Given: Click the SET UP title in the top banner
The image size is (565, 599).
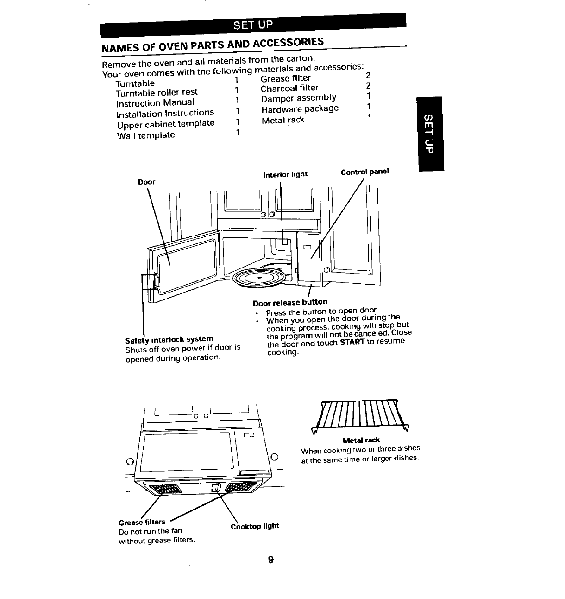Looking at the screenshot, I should (253, 25).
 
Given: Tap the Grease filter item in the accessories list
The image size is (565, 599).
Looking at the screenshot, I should (285, 78).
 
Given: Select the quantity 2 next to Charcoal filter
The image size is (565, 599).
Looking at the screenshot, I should (368, 85).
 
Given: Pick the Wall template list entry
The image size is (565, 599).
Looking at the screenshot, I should (146, 135).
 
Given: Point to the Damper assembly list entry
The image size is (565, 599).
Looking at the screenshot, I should (298, 98).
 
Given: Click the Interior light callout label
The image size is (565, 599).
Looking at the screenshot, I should (285, 174).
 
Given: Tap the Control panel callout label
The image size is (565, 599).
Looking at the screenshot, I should (364, 172).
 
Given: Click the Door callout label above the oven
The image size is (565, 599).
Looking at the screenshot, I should (147, 182).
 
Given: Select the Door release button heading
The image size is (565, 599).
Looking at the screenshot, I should (290, 303).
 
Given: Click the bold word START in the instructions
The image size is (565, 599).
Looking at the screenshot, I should (352, 343).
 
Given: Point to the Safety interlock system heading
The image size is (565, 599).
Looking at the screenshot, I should (169, 339).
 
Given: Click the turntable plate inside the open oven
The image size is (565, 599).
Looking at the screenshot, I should (260, 278).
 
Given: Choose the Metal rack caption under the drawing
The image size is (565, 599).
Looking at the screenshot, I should (361, 440).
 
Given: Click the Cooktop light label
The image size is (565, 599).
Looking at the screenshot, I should (255, 526).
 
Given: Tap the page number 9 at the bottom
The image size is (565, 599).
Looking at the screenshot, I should (271, 560).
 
